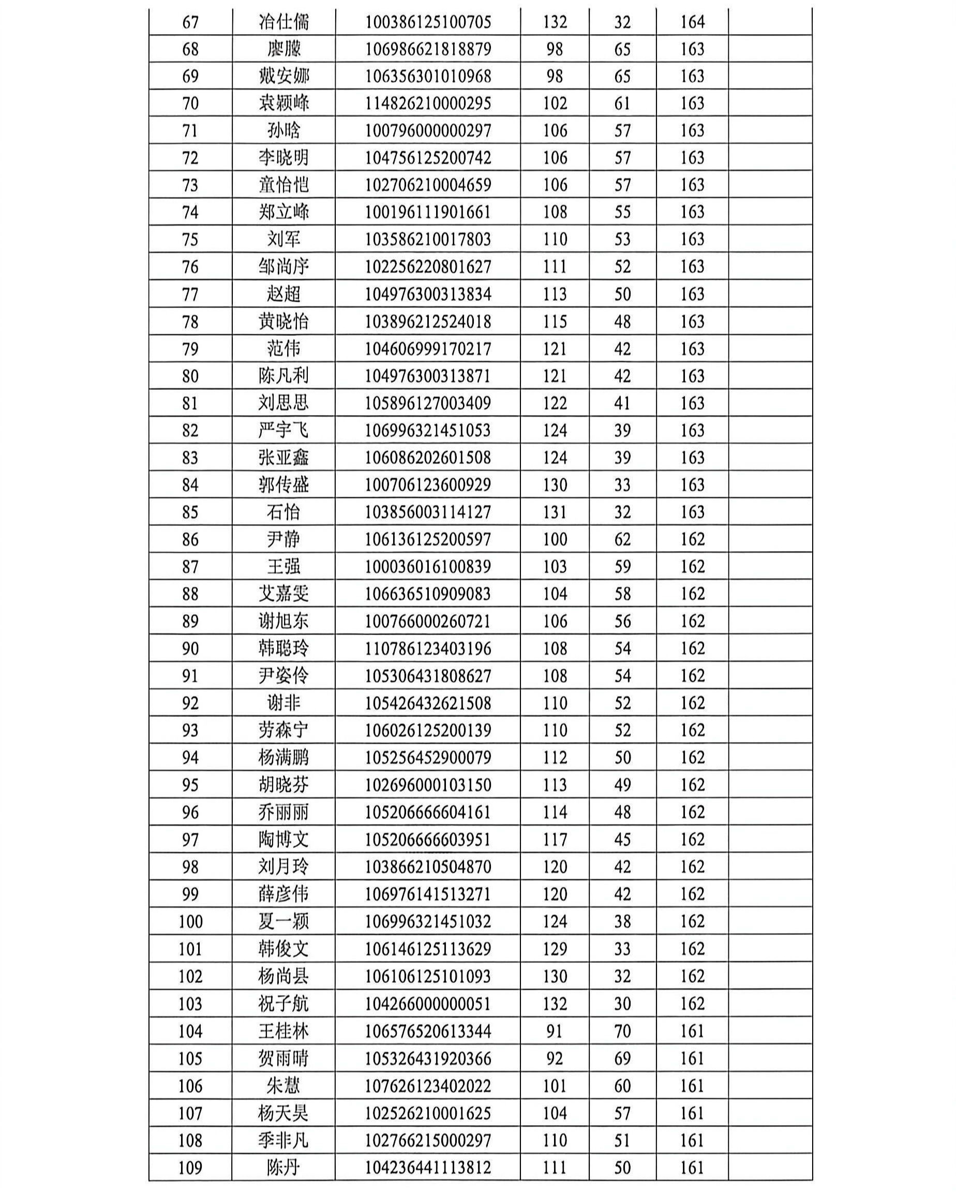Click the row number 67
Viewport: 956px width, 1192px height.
tap(190, 22)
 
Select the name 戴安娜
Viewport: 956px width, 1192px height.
tap(283, 76)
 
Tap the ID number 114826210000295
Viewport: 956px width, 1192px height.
tap(428, 104)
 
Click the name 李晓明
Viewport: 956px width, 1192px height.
tap(283, 158)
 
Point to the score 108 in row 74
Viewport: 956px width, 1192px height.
tap(555, 212)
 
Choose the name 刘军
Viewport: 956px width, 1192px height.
tap(283, 240)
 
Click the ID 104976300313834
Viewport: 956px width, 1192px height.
tap(428, 294)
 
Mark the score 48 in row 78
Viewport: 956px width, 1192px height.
tap(622, 322)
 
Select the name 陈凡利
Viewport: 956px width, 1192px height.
tap(283, 376)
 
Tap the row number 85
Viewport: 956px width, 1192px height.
tap(190, 512)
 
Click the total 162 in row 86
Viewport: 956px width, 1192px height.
tap(692, 539)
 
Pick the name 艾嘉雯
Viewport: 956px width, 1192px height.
tap(283, 594)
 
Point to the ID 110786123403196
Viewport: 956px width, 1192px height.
tap(428, 648)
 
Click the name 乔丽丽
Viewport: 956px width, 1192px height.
tap(283, 812)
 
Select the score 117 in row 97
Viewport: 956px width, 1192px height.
tap(555, 840)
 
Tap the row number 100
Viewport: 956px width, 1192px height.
tap(190, 922)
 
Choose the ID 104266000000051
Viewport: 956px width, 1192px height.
tap(428, 1004)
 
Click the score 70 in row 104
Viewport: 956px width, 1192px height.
tap(622, 1031)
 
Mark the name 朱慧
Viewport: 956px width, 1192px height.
tap(283, 1086)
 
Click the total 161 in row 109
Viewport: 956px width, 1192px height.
tap(692, 1168)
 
